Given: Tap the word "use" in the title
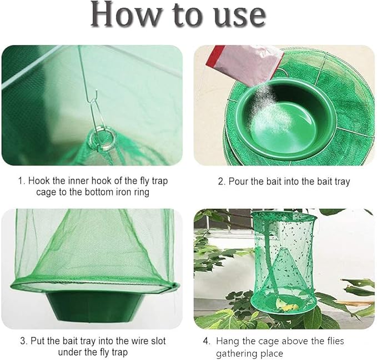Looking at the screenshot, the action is [x=240, y=16].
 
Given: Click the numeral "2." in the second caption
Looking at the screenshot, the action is [x=221, y=181].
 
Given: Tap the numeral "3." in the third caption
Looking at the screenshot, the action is [x=23, y=341].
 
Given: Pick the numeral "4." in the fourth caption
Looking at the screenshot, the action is [x=207, y=341].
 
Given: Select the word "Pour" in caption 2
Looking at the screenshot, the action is [x=238, y=181].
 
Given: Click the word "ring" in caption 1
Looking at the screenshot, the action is [x=141, y=193].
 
